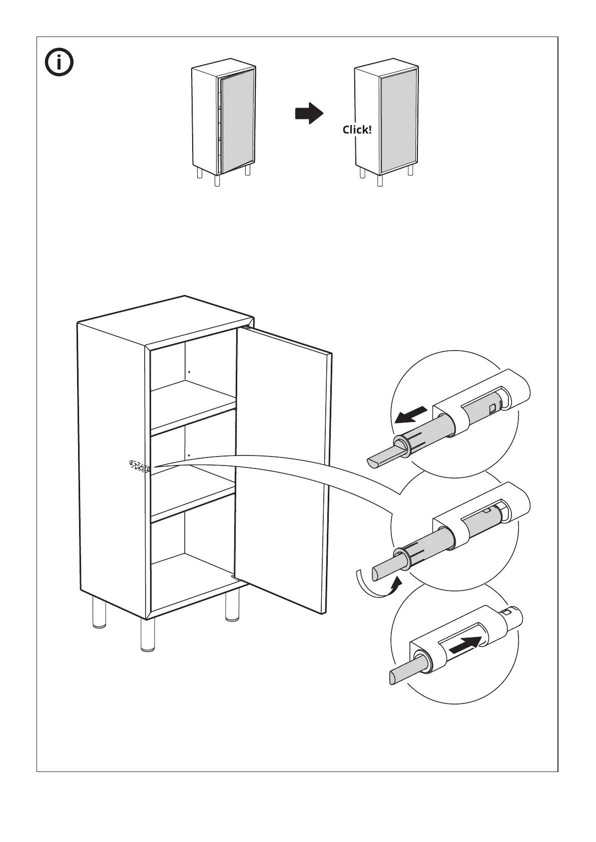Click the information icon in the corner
click(59, 63)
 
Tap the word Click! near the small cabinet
click(357, 130)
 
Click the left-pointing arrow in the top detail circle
click(411, 415)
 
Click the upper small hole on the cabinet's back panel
click(189, 372)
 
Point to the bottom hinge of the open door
click(234, 577)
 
